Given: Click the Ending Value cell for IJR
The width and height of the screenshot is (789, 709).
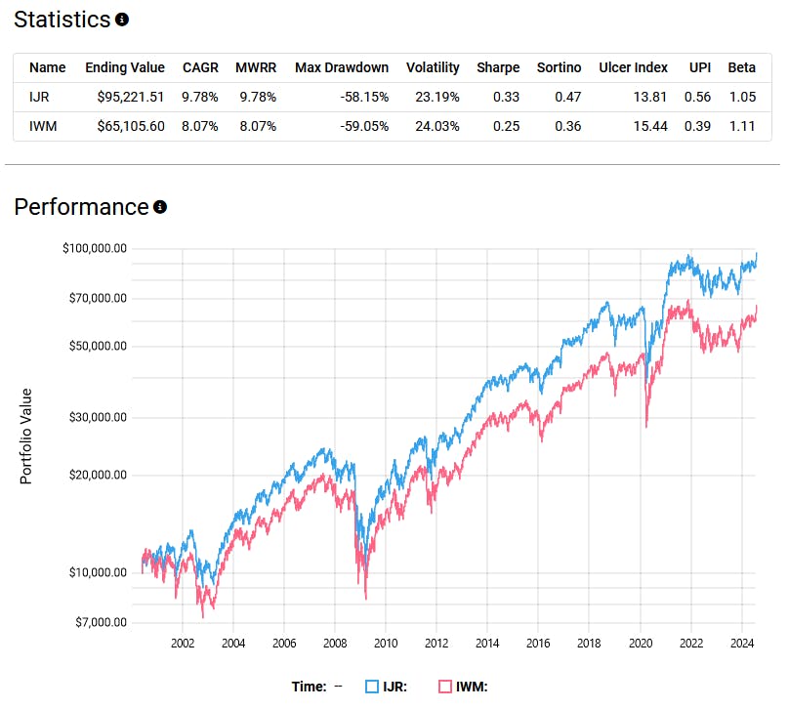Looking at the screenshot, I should click(125, 97).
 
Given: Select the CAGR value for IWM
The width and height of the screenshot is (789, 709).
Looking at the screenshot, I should click(200, 126).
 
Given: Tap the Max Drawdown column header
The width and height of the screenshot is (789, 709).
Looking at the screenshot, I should click(341, 67).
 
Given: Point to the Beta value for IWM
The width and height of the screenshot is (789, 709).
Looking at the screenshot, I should click(741, 126).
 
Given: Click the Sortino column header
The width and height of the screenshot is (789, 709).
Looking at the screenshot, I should click(559, 67).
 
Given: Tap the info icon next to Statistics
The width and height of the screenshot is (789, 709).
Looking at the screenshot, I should click(121, 20).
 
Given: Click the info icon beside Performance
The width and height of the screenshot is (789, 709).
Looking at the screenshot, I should click(160, 207).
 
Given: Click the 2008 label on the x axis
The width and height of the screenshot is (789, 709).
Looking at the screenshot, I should click(334, 643).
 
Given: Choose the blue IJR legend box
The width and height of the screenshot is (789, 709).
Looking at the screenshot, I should click(372, 687).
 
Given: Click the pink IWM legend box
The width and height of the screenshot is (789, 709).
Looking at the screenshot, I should click(445, 687).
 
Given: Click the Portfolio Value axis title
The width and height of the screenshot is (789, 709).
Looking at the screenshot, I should click(26, 436).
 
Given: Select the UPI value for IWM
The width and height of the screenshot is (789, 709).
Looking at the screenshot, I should click(700, 126).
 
